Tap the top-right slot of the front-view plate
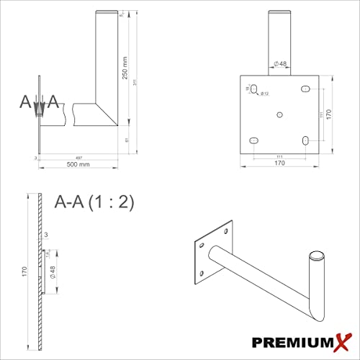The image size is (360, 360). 306,89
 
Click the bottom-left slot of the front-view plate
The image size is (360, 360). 253,140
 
